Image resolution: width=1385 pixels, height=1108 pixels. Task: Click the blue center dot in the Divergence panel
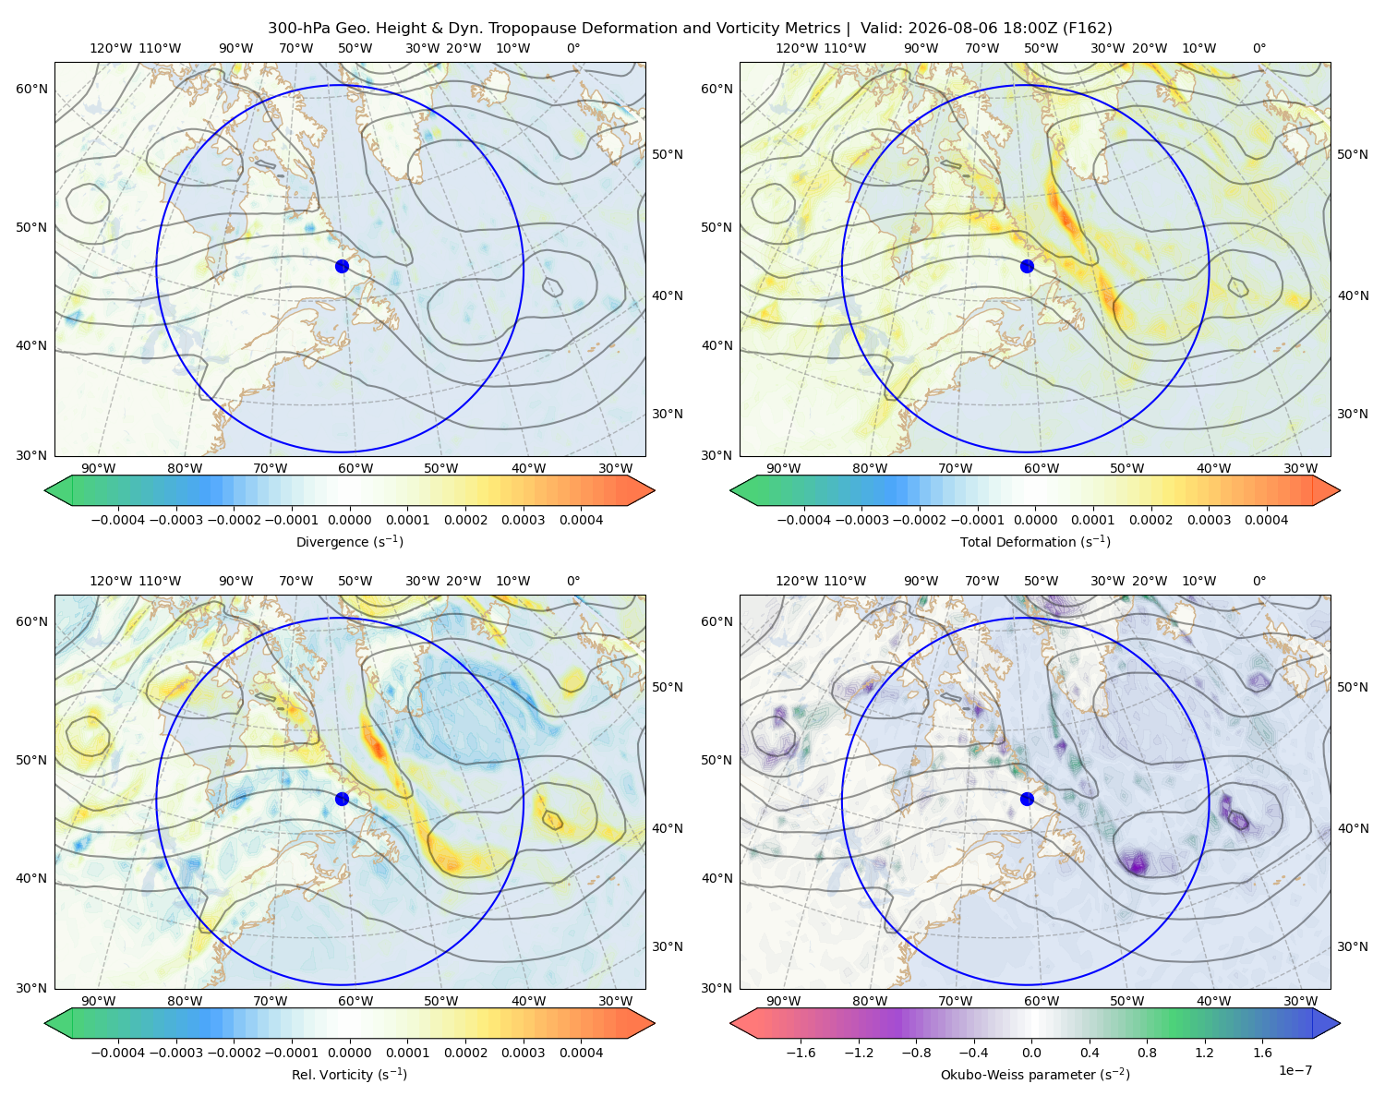[342, 266]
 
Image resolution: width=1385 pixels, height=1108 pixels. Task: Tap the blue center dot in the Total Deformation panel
[1027, 266]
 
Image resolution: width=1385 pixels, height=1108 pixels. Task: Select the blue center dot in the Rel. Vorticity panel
[342, 799]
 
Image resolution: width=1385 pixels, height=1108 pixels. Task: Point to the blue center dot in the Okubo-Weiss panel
[1027, 799]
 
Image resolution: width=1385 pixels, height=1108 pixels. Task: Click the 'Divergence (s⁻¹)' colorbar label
[349, 541]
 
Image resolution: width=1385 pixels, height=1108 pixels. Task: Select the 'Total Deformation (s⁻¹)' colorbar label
[1035, 541]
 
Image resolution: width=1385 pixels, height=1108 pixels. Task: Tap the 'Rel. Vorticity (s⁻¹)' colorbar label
[349, 1074]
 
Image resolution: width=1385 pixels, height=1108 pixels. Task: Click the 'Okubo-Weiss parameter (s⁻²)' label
[1035, 1074]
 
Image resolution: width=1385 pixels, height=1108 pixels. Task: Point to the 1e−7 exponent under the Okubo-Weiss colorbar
[1295, 1070]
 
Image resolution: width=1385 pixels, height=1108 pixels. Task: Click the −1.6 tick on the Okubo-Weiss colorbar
[801, 1053]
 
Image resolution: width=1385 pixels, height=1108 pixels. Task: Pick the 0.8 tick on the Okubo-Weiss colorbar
[1147, 1053]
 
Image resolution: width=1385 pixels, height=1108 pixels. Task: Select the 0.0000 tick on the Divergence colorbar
[349, 520]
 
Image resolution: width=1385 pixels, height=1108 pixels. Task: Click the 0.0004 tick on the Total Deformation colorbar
[1267, 520]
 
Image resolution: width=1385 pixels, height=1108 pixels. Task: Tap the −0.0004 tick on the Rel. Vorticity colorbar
[118, 1053]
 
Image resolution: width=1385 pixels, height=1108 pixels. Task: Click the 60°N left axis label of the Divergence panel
[31, 89]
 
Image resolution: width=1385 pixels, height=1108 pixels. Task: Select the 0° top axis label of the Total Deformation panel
[1259, 48]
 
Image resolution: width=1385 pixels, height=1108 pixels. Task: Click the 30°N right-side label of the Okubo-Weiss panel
[1352, 946]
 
